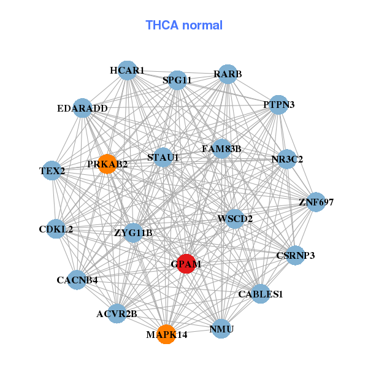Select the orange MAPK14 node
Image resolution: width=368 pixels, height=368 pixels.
point(166,334)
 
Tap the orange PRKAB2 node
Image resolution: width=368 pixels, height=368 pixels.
point(107,164)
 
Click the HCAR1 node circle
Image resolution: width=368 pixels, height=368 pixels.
point(127,71)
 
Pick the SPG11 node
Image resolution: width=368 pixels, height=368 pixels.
point(177,80)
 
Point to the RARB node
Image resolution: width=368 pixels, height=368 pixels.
point(228,74)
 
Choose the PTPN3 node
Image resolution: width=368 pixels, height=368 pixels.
point(279,104)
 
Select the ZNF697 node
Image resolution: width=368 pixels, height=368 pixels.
point(316,202)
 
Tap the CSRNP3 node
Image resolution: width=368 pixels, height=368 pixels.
point(296,255)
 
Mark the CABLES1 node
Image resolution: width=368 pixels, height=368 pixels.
point(260,294)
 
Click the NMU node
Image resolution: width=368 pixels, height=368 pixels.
point(221,329)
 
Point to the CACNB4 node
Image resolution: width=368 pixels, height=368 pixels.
point(77,280)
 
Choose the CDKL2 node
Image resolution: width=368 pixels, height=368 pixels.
point(56,229)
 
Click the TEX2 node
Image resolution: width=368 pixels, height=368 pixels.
point(52,170)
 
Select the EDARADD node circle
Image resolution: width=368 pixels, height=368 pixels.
point(82,109)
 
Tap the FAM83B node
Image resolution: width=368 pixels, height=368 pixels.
point(221,148)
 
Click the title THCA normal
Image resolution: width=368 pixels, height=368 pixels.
point(184,25)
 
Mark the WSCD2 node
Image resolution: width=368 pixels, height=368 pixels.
point(235,218)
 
